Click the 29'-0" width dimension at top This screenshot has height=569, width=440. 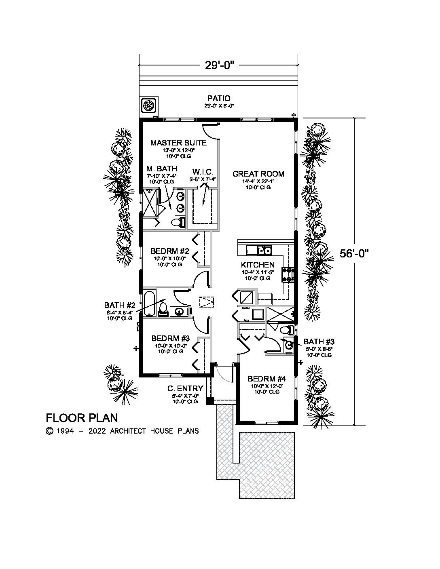pos(219,65)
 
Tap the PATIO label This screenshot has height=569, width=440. pos(219,98)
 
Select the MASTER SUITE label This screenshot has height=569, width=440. pos(178,143)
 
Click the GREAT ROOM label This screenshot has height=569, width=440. pos(258,174)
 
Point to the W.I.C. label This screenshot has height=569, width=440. pos(203,172)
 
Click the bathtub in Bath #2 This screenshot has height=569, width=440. pos(149,303)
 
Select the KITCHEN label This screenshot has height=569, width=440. pos(258,265)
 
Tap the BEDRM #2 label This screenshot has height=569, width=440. pos(170,251)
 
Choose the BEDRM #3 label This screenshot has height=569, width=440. pos(171,338)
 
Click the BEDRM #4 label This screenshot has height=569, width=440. pos(267,379)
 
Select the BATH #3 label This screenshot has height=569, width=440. pos(319,341)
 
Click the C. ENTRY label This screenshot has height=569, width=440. pos(185,388)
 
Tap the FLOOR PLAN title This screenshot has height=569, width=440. pos(82,418)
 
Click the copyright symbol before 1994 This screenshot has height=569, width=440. pos(49,431)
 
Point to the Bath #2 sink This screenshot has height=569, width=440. pos(180,311)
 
